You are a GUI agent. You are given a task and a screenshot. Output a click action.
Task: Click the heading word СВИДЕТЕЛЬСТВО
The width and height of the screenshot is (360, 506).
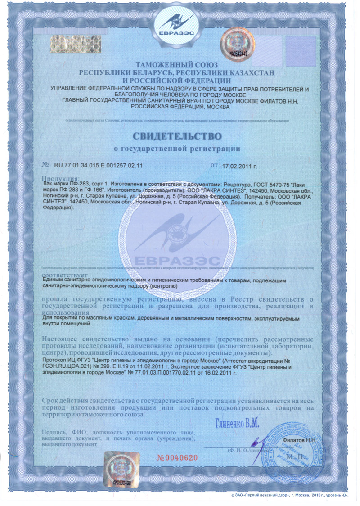point(177,135)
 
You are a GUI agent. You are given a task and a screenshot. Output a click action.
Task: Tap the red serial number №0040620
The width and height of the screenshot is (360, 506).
point(177,458)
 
